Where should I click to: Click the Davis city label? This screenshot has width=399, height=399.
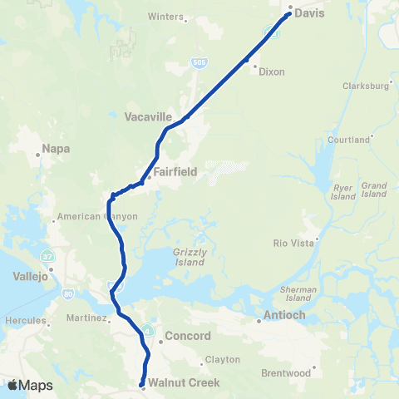point(308,14)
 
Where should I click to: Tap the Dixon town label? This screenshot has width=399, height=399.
point(271,72)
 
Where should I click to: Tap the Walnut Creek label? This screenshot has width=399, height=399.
point(184,383)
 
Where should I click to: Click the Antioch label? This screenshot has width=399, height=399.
point(285,314)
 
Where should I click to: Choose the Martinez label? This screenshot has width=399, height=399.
point(85,318)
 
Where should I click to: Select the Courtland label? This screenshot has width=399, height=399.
point(347,140)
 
